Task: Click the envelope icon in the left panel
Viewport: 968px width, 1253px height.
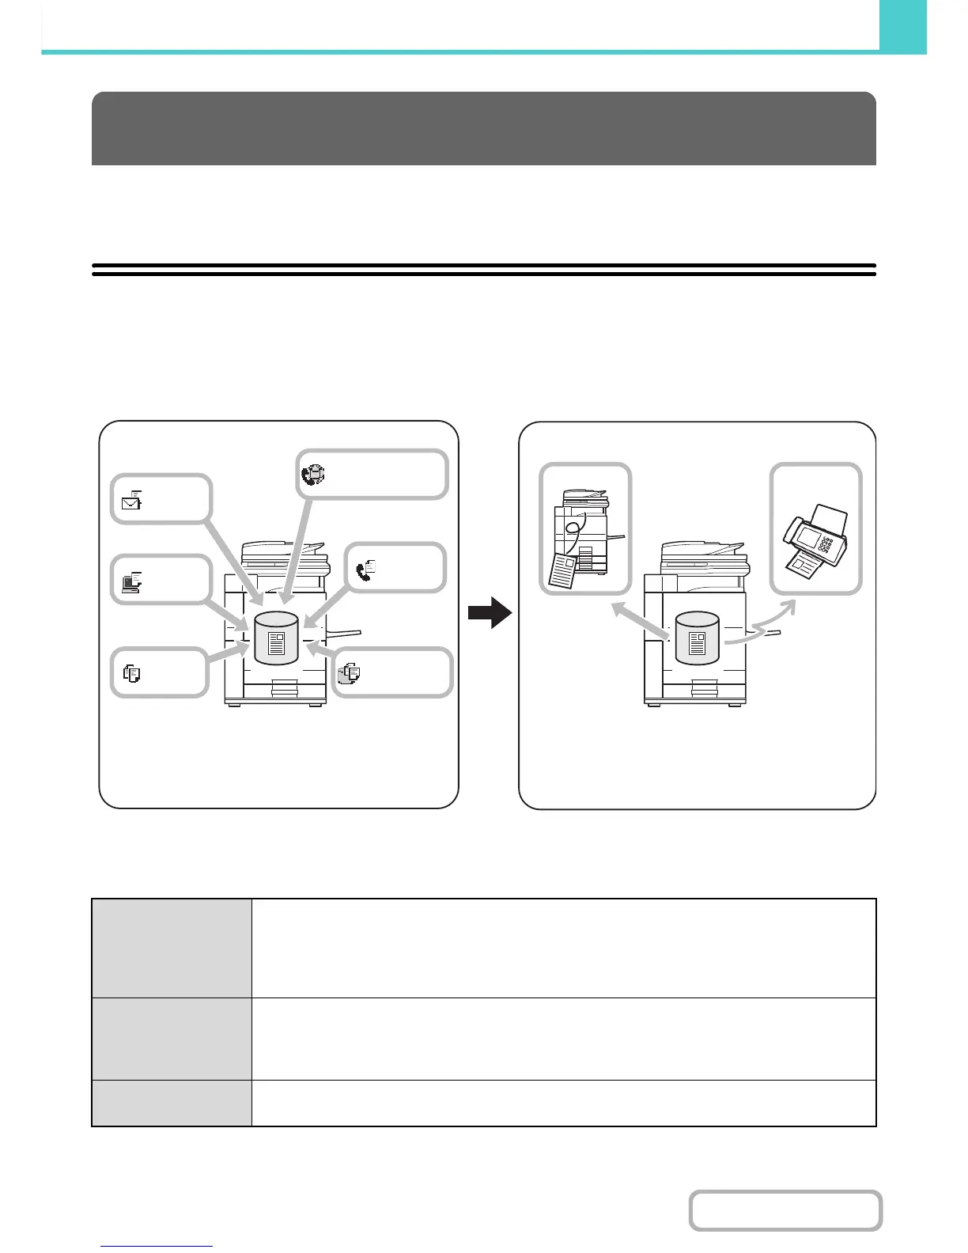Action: click(x=132, y=499)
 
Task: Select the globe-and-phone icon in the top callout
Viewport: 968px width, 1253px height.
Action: click(x=313, y=474)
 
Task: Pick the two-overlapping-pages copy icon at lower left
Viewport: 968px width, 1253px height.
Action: click(x=132, y=673)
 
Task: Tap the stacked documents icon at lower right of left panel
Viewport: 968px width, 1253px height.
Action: click(x=349, y=673)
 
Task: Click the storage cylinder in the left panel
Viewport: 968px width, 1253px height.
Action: click(x=275, y=638)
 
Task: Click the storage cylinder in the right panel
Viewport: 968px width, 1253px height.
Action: click(x=697, y=638)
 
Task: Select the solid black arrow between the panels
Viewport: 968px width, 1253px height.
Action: click(x=490, y=612)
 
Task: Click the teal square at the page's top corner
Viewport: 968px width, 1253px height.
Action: click(x=902, y=25)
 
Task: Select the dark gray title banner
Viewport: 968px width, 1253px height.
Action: click(x=483, y=128)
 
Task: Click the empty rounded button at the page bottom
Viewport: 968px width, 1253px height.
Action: click(x=785, y=1210)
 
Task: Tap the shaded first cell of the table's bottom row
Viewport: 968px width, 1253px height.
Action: click(x=172, y=1103)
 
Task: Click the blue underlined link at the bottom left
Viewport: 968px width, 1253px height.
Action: click(x=157, y=1247)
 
